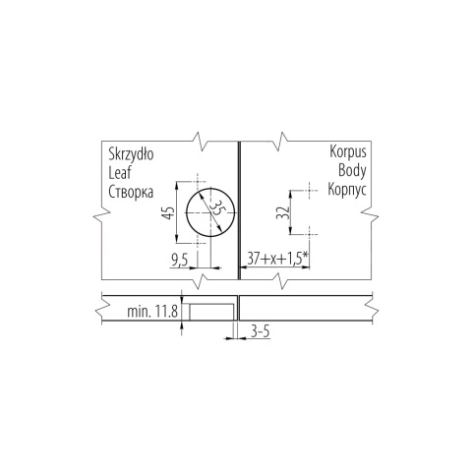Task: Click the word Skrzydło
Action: point(131,153)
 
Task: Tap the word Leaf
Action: point(120,172)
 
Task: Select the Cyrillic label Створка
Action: point(131,192)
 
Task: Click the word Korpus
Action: point(348,151)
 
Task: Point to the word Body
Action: point(352,170)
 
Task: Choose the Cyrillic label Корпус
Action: point(347,190)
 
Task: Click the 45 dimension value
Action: point(168,212)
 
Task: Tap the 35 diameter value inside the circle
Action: point(216,207)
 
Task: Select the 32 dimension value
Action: point(282,212)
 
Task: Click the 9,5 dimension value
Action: point(179,261)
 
